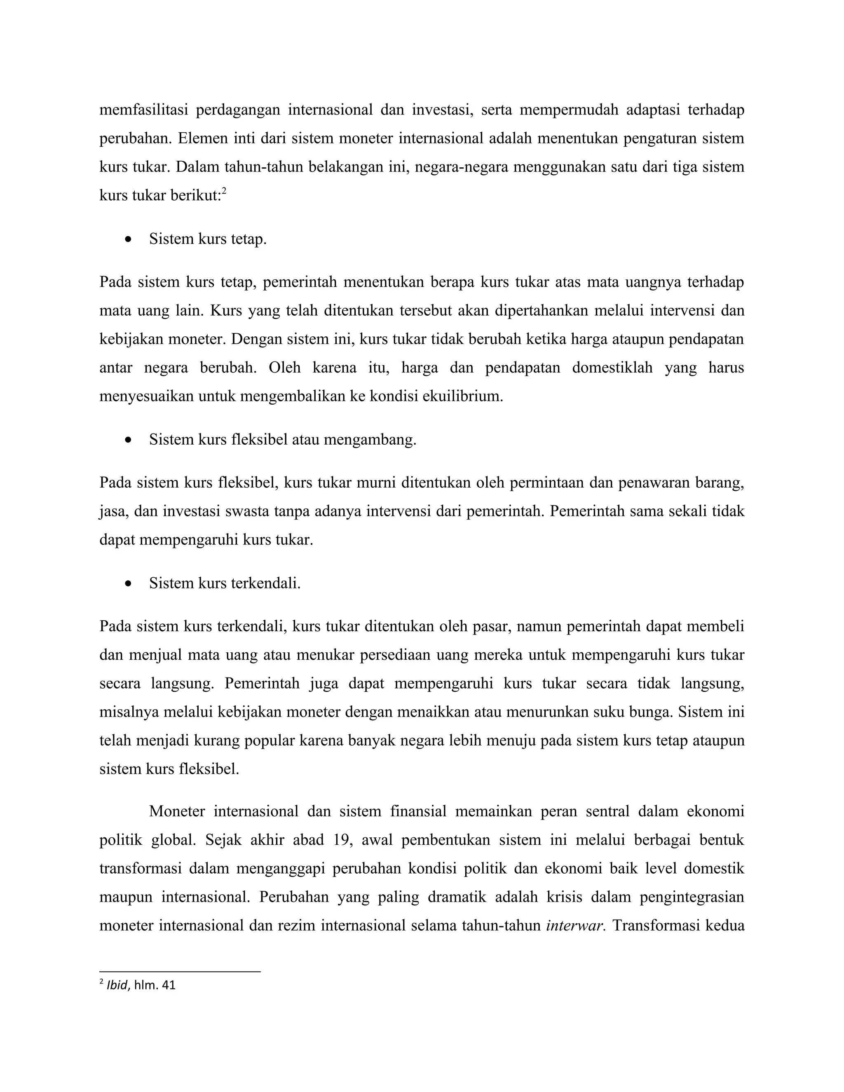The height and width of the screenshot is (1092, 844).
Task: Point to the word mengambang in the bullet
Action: point(370,440)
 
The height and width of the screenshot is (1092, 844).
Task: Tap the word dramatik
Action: point(457,897)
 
